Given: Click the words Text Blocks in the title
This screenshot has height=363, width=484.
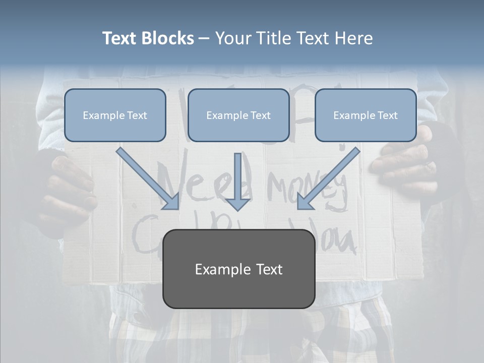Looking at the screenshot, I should (148, 38).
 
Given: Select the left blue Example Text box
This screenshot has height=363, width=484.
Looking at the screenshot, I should (115, 115).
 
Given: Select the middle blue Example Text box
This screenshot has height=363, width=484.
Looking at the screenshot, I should (238, 115).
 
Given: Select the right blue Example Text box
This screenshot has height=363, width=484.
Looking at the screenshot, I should (366, 115).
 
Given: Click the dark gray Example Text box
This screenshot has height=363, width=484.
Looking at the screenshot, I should (238, 269).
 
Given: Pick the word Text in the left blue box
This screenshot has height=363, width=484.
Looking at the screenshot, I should (137, 115).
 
